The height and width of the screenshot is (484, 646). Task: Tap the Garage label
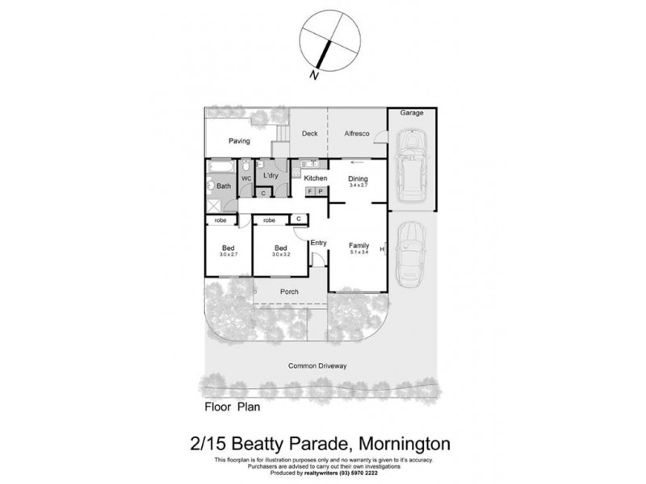(412, 114)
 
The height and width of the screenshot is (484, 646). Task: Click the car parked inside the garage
(412, 167)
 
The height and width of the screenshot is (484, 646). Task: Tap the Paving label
(239, 141)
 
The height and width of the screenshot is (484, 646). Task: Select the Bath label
(223, 185)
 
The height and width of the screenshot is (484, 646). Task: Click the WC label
(247, 178)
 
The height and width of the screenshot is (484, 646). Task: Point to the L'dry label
(271, 176)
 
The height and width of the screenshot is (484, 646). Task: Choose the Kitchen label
(315, 178)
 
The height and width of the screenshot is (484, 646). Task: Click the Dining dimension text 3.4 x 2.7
(358, 186)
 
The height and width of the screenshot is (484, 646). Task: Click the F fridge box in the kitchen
(310, 191)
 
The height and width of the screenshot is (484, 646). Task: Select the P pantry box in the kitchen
(320, 191)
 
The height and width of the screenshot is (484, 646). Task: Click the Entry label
(319, 243)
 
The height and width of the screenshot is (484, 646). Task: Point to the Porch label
(290, 292)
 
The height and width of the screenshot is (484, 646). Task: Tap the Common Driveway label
(318, 365)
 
